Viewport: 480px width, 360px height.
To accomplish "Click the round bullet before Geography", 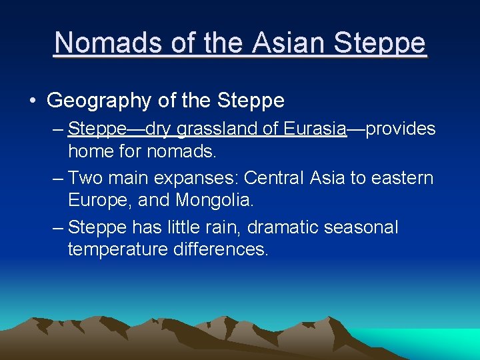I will pos(33,101).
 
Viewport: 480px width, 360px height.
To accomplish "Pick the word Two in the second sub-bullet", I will pos(83,178).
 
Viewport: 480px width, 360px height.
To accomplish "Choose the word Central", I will pos(274,178).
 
